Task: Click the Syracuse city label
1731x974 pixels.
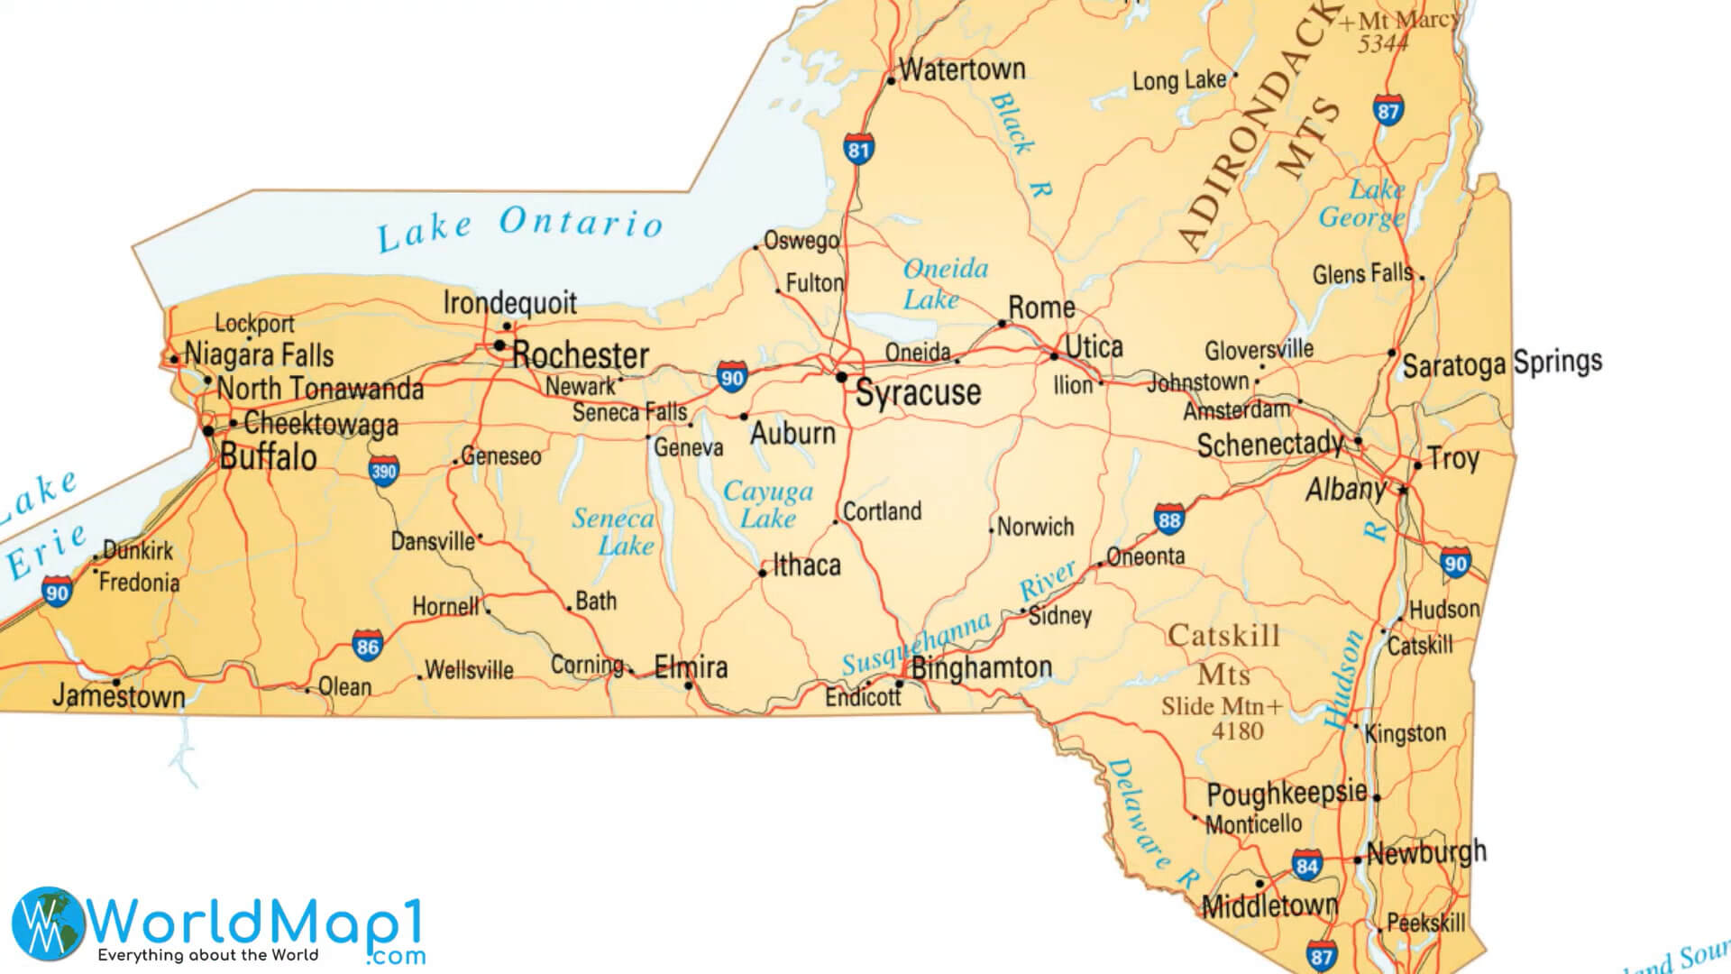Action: point(917,393)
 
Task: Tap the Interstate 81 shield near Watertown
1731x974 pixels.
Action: point(858,149)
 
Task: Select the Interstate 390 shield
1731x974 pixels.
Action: point(383,471)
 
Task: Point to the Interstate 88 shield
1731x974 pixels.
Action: point(1169,519)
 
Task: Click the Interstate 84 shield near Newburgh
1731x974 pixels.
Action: point(1306,866)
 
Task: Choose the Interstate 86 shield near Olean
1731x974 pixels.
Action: point(367,646)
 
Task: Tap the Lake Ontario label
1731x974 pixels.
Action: point(520,227)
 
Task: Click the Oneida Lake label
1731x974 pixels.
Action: point(944,283)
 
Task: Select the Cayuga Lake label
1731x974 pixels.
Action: point(768,504)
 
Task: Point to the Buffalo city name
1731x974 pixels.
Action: point(268,457)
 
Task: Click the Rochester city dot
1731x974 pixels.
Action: point(499,345)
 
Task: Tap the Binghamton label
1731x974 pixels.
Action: point(981,668)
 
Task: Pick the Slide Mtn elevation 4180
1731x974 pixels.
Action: point(1237,731)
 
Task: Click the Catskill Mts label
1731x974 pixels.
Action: point(1223,655)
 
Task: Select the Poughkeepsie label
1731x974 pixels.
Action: point(1287,794)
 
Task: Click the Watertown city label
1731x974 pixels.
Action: point(962,69)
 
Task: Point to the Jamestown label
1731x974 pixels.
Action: point(118,696)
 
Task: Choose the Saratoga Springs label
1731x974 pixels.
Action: point(1501,363)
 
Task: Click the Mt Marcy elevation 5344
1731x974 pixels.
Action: point(1382,43)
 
